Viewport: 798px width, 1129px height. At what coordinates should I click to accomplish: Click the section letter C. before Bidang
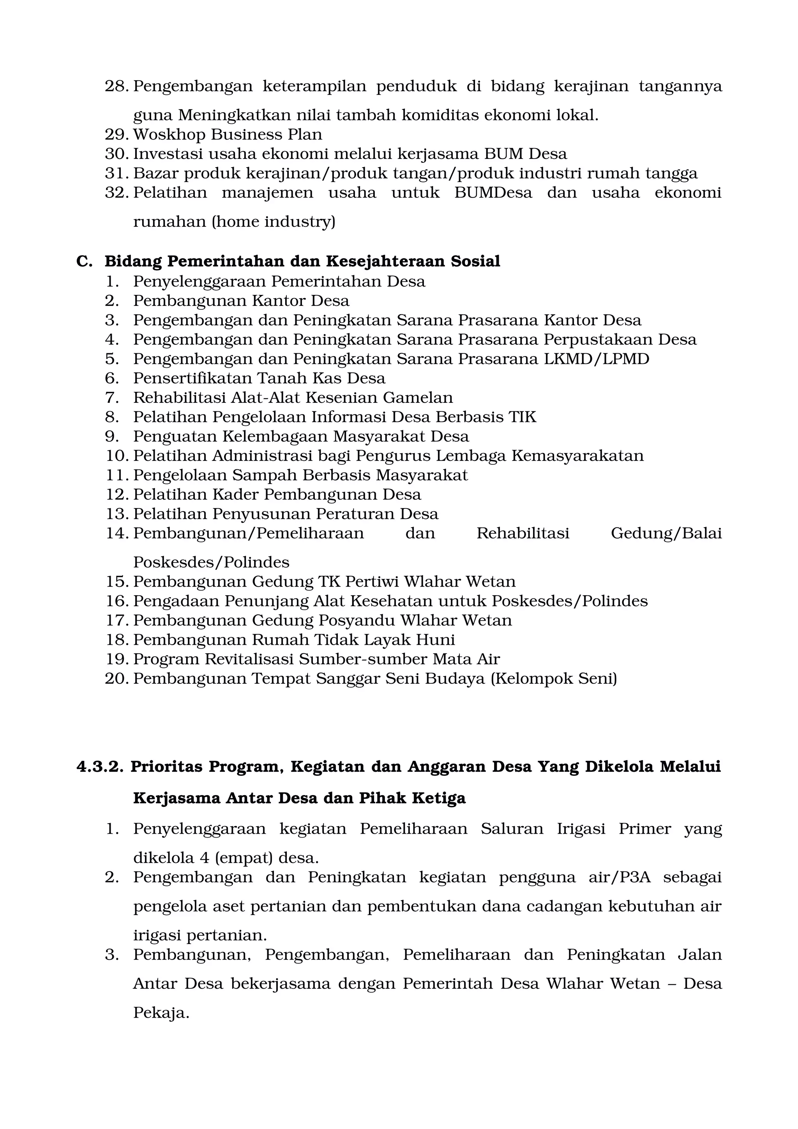84,261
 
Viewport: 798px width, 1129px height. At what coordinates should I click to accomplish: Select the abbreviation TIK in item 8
522,417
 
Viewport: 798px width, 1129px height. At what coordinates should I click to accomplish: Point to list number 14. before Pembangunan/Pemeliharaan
117,533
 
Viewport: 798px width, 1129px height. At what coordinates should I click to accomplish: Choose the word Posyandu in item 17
357,621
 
